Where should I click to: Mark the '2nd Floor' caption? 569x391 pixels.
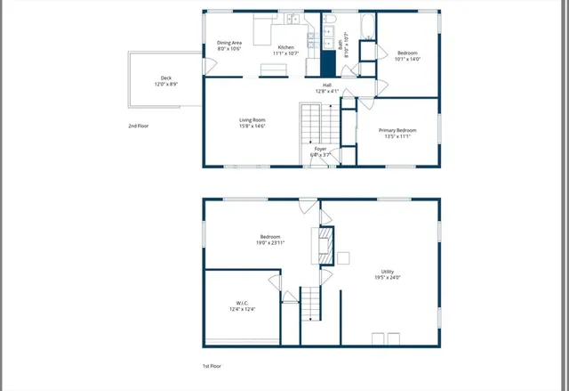tap(138, 126)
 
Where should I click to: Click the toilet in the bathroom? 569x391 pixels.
tap(327, 19)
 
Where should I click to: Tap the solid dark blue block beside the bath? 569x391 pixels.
tap(328, 64)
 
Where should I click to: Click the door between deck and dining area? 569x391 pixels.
tap(205, 62)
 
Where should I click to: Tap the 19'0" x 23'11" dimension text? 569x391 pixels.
tap(269, 241)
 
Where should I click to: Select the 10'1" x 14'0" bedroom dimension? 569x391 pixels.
tap(407, 58)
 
